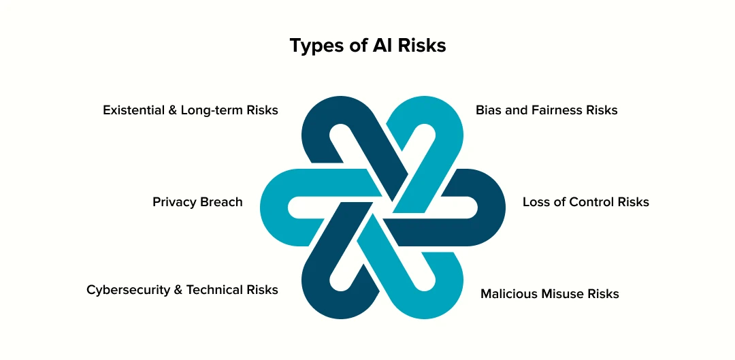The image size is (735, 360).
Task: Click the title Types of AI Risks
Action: [367, 46]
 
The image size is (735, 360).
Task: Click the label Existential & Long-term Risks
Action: [191, 110]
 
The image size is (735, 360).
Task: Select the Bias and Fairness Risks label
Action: [546, 110]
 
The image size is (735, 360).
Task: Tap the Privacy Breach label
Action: [197, 202]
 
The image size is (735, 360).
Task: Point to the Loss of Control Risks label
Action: [585, 202]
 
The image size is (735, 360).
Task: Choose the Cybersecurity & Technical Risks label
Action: [182, 290]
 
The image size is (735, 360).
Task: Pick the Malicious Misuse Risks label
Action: [549, 294]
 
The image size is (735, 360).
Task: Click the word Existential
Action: [133, 110]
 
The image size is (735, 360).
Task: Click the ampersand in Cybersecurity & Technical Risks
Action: [178, 290]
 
